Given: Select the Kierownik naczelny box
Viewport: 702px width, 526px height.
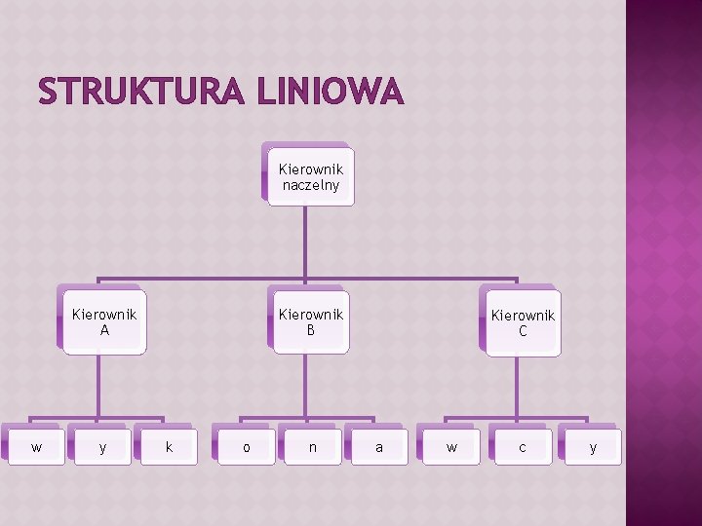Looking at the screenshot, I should point(311,177).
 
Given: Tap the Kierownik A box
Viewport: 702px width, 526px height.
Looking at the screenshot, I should point(104,322).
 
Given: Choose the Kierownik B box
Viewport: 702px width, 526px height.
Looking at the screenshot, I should point(311,322).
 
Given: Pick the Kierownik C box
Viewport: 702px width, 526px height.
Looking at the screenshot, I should point(523,323).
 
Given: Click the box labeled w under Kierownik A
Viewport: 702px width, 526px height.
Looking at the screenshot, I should point(36,447).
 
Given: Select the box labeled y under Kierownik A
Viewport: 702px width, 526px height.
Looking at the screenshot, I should point(103,447).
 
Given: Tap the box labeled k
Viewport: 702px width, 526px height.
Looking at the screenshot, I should point(170,447).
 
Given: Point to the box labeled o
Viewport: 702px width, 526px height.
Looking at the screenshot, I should point(246,447).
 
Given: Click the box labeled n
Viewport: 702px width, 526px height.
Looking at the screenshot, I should point(312,447).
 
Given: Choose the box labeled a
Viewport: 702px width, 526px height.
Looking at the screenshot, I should point(378,447).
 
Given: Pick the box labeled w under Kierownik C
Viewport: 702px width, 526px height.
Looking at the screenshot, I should point(450,447).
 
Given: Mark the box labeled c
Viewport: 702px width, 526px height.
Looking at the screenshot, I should point(523,447).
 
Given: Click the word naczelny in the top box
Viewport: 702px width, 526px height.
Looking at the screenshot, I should point(311,185).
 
